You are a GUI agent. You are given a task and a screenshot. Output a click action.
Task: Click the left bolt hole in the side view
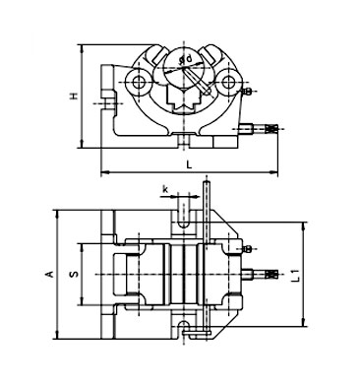[140, 83]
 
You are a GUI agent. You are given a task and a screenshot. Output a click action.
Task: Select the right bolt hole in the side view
[231, 83]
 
